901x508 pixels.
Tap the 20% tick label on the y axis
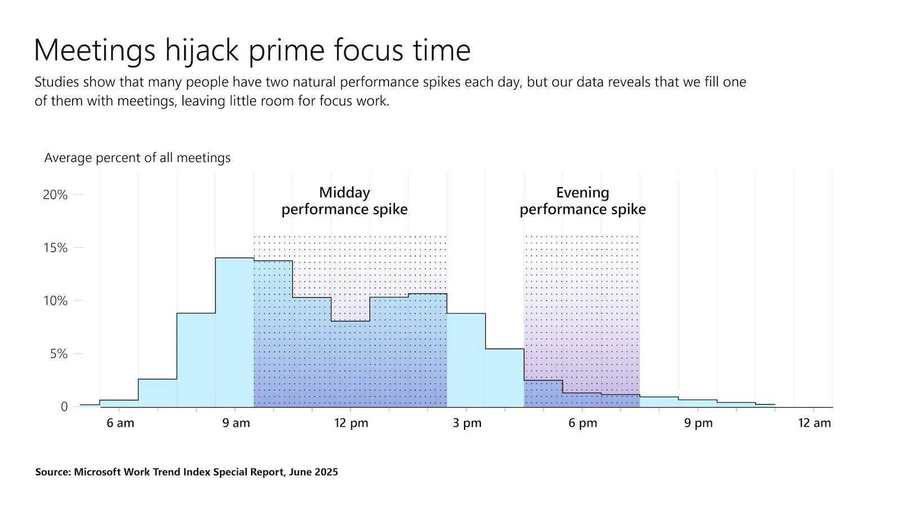pyautogui.click(x=55, y=195)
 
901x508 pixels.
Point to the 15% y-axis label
pyautogui.click(x=55, y=248)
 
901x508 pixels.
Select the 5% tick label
pyautogui.click(x=59, y=354)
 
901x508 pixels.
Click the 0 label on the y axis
pyautogui.click(x=64, y=407)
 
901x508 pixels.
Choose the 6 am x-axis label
pyautogui.click(x=121, y=423)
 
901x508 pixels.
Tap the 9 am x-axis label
pyautogui.click(x=236, y=423)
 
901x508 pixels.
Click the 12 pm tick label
pyautogui.click(x=351, y=423)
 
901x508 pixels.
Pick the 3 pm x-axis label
pyautogui.click(x=467, y=423)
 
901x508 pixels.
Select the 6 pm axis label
pyautogui.click(x=582, y=423)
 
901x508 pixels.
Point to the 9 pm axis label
pyautogui.click(x=698, y=423)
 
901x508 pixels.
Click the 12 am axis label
pyautogui.click(x=814, y=423)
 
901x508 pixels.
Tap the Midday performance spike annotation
pyautogui.click(x=344, y=201)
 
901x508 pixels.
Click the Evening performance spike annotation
pyautogui.click(x=582, y=201)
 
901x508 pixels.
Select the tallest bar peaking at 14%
pyautogui.click(x=234, y=333)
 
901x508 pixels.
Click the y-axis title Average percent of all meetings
pyautogui.click(x=137, y=158)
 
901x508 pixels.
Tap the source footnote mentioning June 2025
pyautogui.click(x=186, y=472)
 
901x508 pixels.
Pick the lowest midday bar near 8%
pyautogui.click(x=350, y=364)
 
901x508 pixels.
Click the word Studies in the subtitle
pyautogui.click(x=56, y=82)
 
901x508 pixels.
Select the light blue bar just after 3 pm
pyautogui.click(x=466, y=361)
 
